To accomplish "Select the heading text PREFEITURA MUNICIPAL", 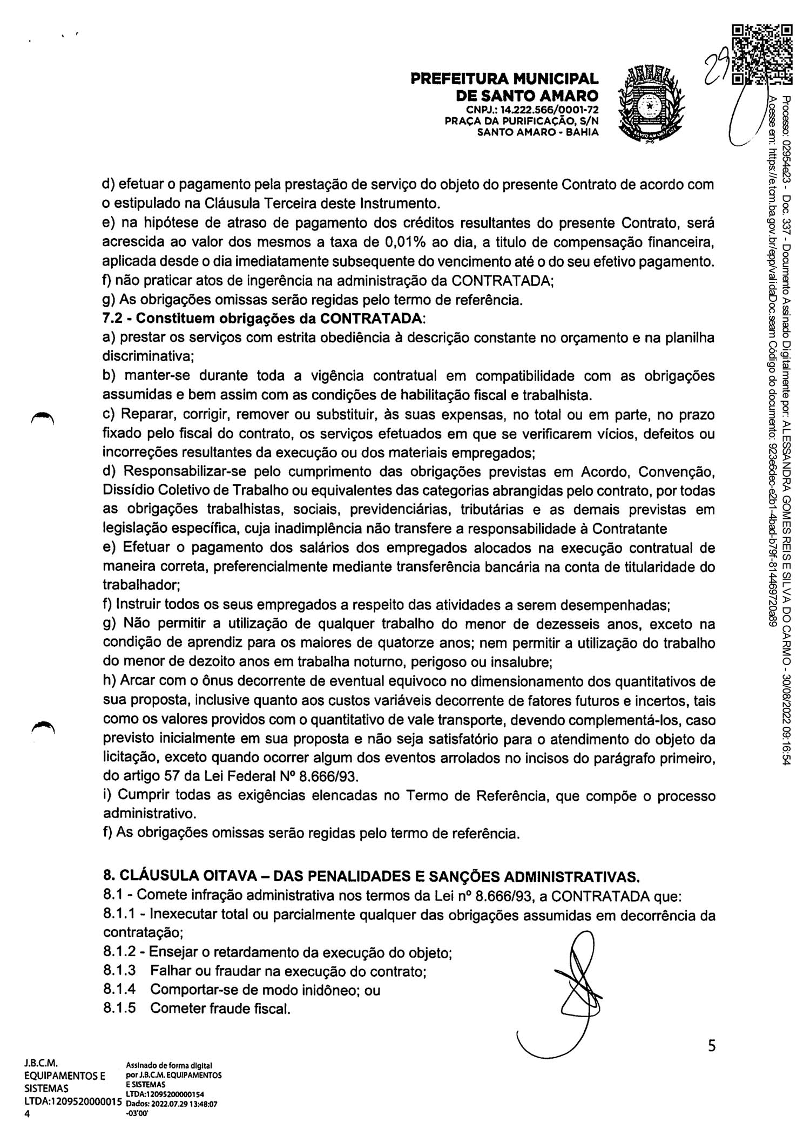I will (x=505, y=79).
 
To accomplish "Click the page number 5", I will (x=712, y=1047).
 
